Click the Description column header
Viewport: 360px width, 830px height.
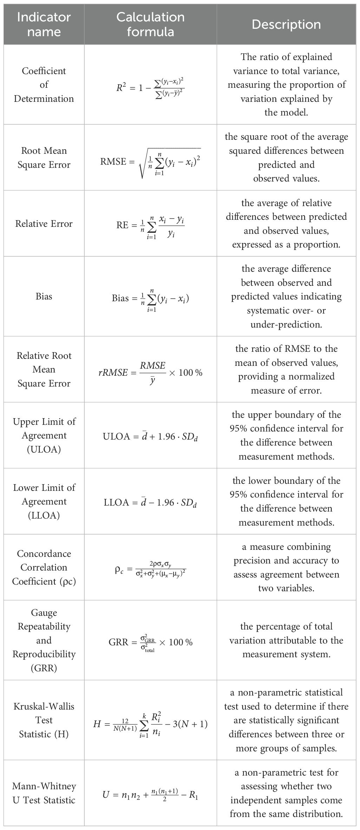pos(286,25)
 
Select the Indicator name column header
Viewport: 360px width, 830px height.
pos(44,25)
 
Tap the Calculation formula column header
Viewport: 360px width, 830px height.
pos(150,25)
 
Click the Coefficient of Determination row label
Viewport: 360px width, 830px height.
pos(44,85)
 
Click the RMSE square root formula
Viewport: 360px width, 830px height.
pos(150,162)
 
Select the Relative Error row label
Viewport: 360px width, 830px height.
pos(44,224)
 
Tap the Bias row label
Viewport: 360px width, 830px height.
pos(44,296)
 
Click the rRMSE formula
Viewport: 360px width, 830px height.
pos(150,372)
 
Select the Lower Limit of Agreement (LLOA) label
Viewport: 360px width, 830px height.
pos(44,501)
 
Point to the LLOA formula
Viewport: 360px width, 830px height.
pos(150,503)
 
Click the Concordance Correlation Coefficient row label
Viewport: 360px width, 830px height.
pos(44,567)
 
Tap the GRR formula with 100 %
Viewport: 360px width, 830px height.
pos(150,643)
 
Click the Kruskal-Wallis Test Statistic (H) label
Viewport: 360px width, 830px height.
pos(44,720)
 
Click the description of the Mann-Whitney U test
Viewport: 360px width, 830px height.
pos(286,793)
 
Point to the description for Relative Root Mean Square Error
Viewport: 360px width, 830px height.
pos(286,369)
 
